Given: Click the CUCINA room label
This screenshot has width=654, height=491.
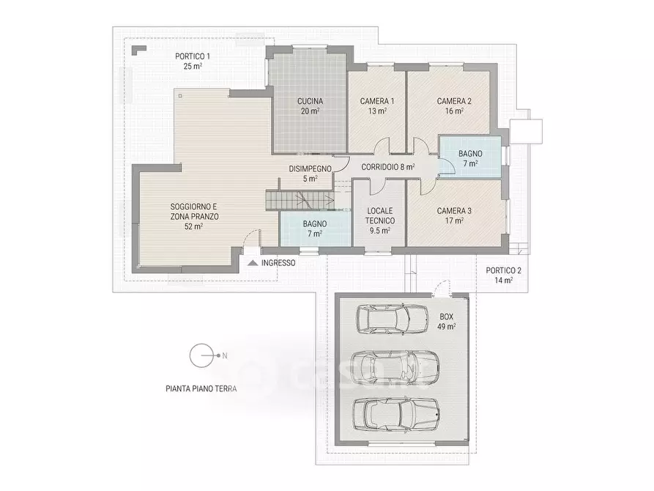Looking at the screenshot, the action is point(310,101).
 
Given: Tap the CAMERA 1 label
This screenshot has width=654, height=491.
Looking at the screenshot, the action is point(377,101).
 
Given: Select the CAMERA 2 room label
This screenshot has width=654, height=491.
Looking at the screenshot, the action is point(454,101).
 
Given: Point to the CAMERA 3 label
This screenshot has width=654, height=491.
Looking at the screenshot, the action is point(454,211).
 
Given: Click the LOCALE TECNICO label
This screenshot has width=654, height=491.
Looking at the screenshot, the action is point(380,216).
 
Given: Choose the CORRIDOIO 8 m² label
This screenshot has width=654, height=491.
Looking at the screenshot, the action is point(388,167).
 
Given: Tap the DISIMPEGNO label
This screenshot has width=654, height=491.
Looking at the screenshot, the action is point(311,169).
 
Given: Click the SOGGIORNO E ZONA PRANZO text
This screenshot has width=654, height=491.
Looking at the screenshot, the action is point(194,212).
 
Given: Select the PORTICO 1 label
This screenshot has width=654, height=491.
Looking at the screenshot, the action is point(193,56).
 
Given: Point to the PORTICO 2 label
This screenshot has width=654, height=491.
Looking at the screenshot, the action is point(503,270).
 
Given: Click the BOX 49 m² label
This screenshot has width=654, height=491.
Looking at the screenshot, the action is point(446,322).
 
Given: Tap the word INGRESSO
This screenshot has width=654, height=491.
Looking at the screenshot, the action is point(278,263).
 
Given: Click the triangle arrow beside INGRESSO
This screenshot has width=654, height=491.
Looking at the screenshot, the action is point(253,263).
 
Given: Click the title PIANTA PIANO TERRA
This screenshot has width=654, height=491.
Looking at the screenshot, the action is point(201,388).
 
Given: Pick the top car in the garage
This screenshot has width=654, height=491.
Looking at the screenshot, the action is point(392,320).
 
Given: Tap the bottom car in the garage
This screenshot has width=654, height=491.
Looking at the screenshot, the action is point(395,414).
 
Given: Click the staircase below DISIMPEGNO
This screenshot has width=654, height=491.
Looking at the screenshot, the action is point(300,200).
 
